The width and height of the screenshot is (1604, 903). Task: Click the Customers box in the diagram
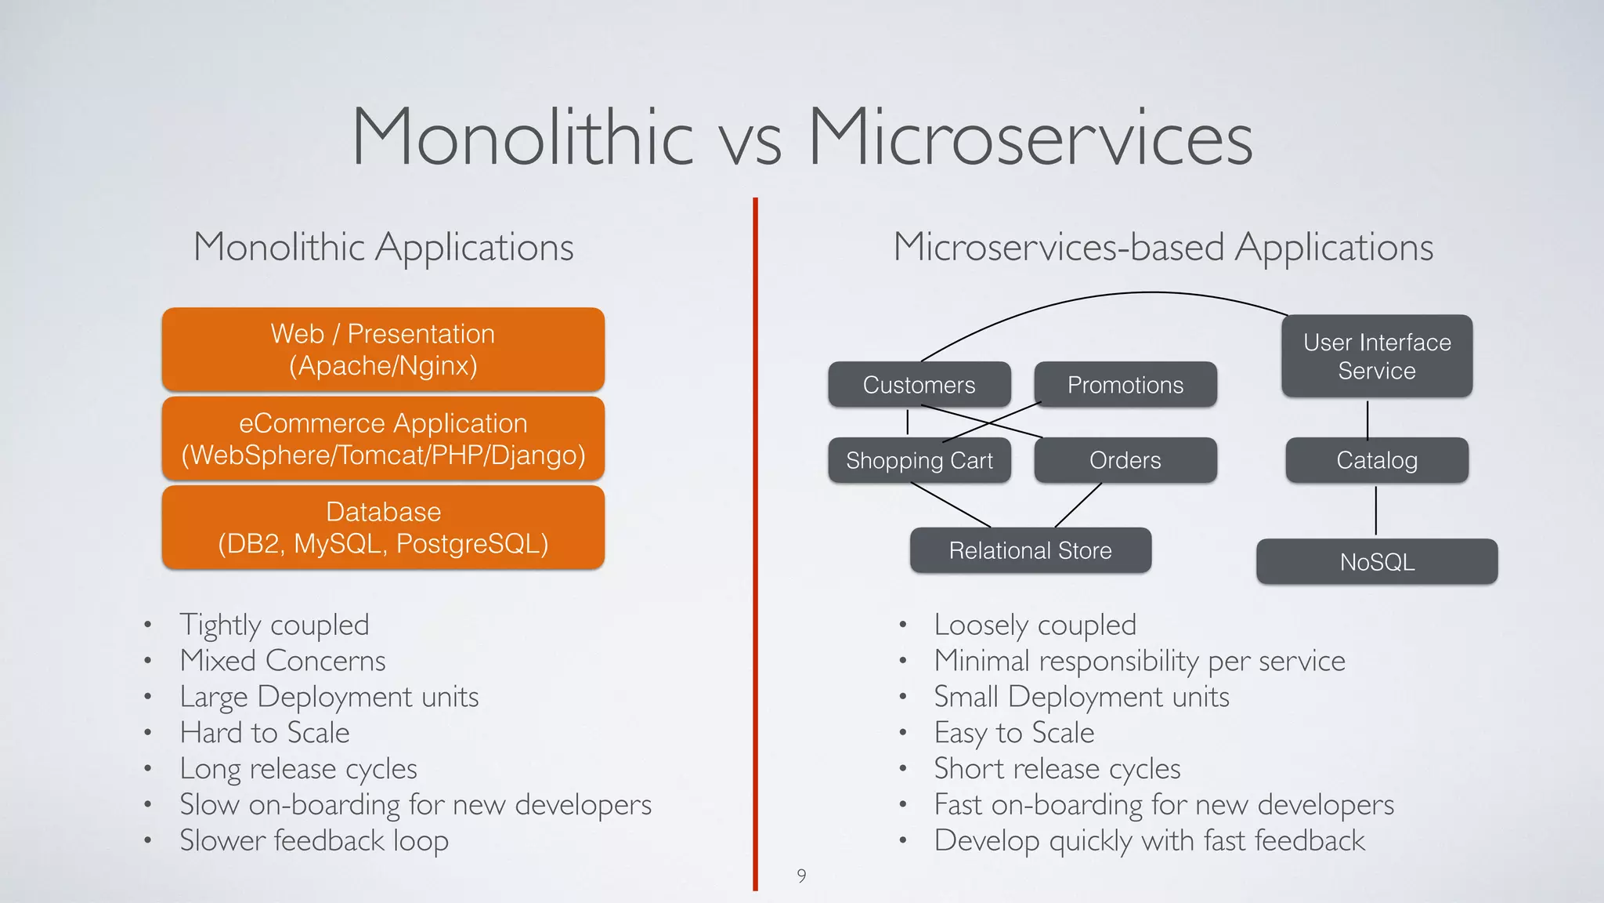[x=919, y=385]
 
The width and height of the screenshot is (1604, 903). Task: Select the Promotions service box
[x=1125, y=385]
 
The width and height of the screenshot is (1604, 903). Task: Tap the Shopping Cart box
[x=919, y=460]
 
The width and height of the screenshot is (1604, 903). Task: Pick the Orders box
[x=1125, y=460]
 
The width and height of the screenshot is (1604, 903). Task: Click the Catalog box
[x=1376, y=460]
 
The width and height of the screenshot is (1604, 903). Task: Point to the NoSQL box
[x=1376, y=561]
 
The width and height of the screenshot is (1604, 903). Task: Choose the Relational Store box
[x=1030, y=550]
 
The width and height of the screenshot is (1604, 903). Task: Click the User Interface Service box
[x=1376, y=356]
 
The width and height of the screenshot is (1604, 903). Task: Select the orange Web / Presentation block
[x=383, y=350]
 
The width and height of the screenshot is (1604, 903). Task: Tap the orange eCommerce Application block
[x=383, y=439]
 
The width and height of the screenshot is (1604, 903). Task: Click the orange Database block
[x=383, y=528]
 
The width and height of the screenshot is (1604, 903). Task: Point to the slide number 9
[x=801, y=876]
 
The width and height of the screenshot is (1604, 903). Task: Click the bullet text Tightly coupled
[x=274, y=625]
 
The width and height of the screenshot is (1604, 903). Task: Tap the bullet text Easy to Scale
[x=1013, y=733]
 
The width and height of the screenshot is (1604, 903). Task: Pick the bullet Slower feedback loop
[x=313, y=840]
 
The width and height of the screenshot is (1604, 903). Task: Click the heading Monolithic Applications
[x=383, y=247]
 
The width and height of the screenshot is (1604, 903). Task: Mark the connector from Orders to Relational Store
[x=1078, y=506]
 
